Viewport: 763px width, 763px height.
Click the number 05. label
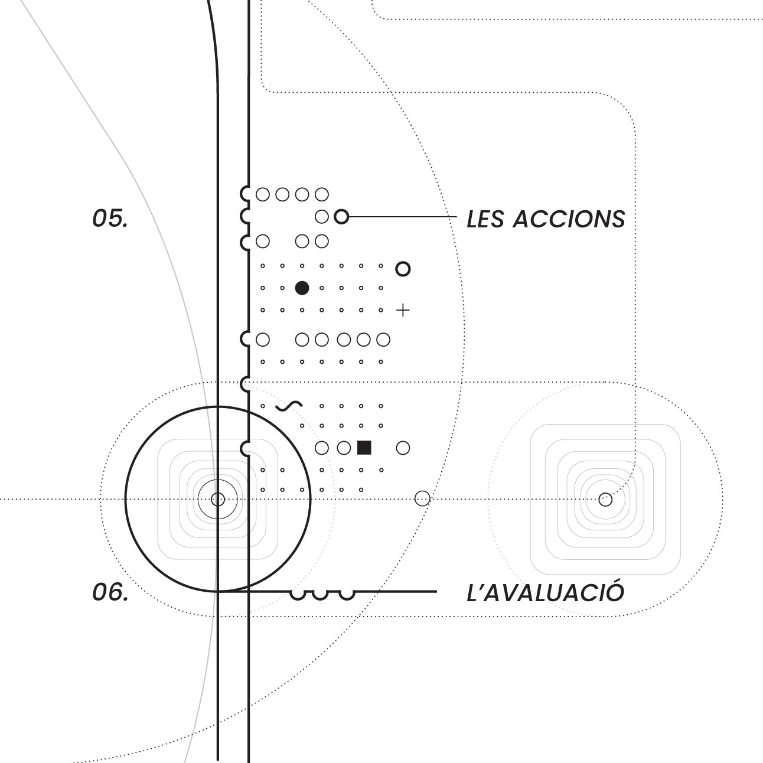(x=110, y=219)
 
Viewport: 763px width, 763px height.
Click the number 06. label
(x=110, y=593)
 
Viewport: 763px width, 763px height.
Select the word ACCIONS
(x=569, y=219)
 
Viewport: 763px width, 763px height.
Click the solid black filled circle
(x=302, y=288)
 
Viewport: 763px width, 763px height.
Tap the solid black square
(x=364, y=448)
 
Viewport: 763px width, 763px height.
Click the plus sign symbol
(x=403, y=311)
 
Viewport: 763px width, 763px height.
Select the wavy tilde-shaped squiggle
(x=289, y=406)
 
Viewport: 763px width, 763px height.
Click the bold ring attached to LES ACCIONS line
(x=341, y=217)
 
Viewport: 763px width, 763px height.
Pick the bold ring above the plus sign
(x=403, y=269)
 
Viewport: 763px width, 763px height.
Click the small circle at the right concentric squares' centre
(x=605, y=500)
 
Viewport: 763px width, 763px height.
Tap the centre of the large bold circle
(x=218, y=499)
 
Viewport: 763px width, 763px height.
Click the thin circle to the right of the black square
(x=403, y=448)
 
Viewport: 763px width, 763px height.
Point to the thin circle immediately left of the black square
(x=344, y=448)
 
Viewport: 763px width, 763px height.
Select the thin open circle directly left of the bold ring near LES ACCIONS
(x=321, y=217)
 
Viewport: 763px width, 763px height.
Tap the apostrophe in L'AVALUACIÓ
(x=482, y=587)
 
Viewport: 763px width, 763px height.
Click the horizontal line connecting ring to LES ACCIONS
(x=403, y=217)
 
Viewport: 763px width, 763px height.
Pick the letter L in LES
(x=473, y=219)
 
